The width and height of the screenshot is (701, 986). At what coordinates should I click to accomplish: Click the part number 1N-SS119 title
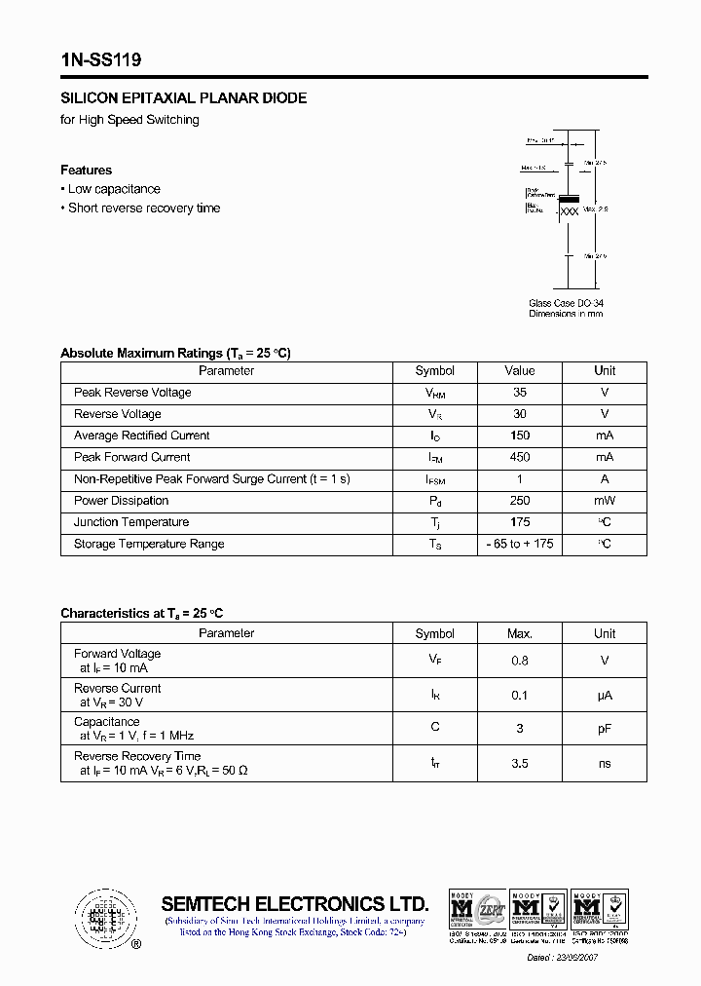coord(101,60)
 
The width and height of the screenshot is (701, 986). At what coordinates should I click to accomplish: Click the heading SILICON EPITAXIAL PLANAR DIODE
coord(184,98)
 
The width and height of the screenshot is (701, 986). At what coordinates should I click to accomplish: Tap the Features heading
coord(86,170)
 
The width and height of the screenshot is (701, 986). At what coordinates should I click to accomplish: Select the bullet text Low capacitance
coord(114,189)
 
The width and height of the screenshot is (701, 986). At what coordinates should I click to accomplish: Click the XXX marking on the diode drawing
coord(571,211)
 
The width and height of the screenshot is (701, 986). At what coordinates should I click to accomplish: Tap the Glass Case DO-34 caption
coord(566,303)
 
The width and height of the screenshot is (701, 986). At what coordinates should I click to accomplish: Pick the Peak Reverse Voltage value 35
coord(520,393)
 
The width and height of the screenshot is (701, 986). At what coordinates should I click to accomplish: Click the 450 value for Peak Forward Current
coord(520,457)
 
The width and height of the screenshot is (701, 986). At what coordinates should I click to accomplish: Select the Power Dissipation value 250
coord(520,501)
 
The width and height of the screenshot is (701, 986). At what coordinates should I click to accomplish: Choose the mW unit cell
coord(605,501)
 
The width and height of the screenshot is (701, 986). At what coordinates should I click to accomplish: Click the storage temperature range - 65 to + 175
coord(520,544)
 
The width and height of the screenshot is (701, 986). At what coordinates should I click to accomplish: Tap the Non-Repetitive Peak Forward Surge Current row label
coord(212,479)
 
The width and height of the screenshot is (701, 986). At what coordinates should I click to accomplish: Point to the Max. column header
coord(520,633)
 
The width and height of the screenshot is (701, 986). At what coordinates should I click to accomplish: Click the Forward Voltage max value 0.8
coord(520,661)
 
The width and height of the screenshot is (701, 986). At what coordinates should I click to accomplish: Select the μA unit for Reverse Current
coord(605,695)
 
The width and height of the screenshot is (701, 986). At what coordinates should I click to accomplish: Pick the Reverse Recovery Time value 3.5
coord(520,763)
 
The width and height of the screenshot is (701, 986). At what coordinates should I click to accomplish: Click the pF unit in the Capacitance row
coord(605,729)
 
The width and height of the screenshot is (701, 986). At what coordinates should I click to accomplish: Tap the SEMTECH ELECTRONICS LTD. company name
coord(295,903)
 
